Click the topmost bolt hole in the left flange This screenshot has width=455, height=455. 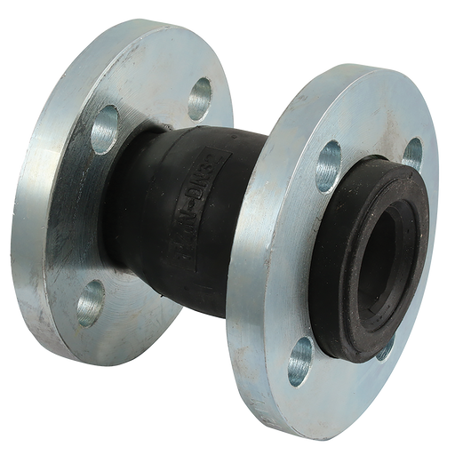[201, 92]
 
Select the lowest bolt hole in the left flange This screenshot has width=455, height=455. [89, 308]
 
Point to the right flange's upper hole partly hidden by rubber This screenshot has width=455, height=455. [411, 152]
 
